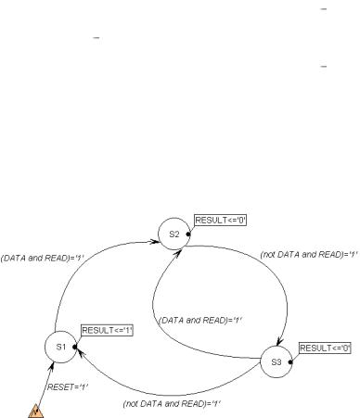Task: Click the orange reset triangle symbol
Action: click(36, 412)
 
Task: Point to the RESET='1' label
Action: click(68, 386)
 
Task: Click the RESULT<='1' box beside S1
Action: click(107, 331)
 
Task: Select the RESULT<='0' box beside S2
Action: click(221, 221)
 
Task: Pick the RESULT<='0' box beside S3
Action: click(325, 348)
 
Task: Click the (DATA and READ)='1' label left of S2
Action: click(43, 258)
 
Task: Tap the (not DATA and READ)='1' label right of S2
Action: click(309, 255)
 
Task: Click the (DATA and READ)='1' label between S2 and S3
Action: click(200, 321)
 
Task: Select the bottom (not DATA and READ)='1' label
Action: click(172, 404)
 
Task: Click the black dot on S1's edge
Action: click(74, 347)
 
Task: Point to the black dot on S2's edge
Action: click(188, 234)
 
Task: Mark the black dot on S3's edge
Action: click(290, 362)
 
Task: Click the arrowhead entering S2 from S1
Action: click(155, 241)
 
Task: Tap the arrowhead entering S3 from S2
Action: click(279, 341)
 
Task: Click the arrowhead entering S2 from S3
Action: click(177, 254)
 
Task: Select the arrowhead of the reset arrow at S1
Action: click(51, 367)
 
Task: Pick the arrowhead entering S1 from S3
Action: click(81, 352)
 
